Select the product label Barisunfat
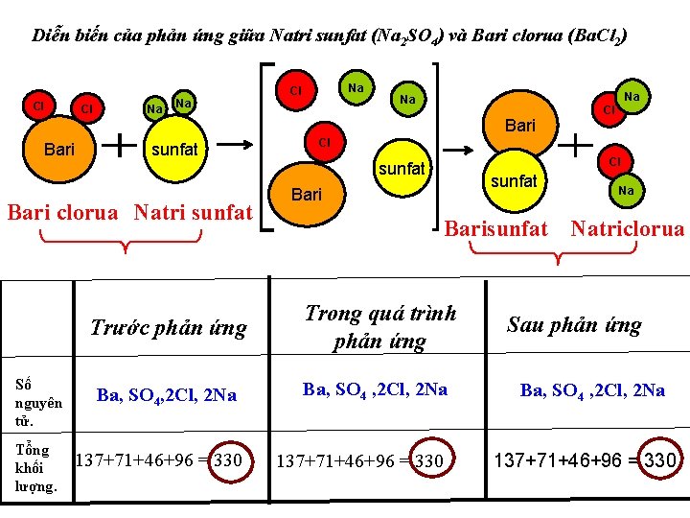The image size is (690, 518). pyautogui.click(x=497, y=228)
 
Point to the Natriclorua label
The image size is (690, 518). pyautogui.click(x=627, y=228)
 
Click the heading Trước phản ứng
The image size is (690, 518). pyautogui.click(x=168, y=328)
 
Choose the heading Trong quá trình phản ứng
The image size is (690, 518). pyautogui.click(x=380, y=326)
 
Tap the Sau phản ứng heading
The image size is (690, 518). pyautogui.click(x=573, y=324)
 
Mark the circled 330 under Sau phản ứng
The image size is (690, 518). pyautogui.click(x=660, y=459)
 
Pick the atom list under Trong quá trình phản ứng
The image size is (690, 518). pyautogui.click(x=375, y=388)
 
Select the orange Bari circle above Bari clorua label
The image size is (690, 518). pyautogui.click(x=59, y=149)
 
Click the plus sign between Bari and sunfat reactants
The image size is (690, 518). pyautogui.click(x=118, y=145)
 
